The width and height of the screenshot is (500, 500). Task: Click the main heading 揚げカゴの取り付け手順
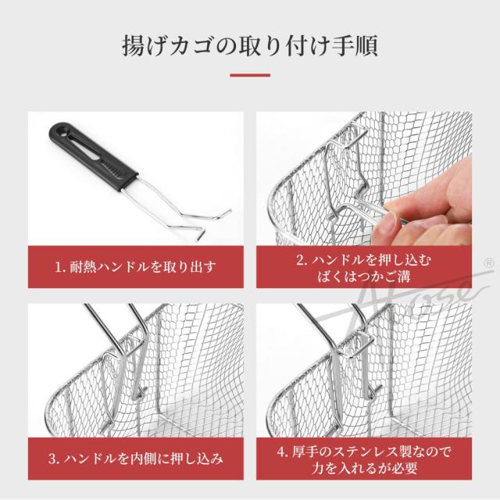coord(250,45)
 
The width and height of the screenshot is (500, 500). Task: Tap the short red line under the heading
coord(250,76)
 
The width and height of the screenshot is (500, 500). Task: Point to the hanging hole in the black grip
coord(60,130)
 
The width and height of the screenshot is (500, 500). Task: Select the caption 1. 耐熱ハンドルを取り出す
coord(135,267)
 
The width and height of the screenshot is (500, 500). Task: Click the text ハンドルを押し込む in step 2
coord(372,260)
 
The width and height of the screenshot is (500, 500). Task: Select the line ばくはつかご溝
coord(363,276)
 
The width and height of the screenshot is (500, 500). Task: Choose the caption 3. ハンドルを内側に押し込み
coord(136,459)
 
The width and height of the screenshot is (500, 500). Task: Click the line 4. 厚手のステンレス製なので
coord(364,452)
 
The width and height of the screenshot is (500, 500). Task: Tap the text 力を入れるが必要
coord(365,468)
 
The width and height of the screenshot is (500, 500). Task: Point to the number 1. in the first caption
coord(61,267)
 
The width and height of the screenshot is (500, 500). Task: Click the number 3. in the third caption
coord(54,459)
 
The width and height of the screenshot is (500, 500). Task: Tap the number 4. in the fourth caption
coord(283,452)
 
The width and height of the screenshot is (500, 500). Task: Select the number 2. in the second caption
coord(302,260)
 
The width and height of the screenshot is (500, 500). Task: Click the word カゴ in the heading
coord(191,46)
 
